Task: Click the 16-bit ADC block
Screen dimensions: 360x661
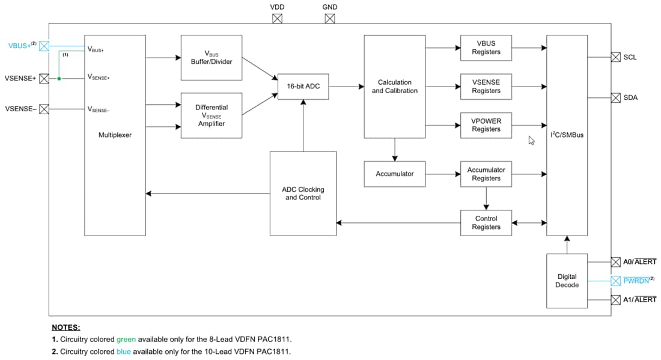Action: click(303, 87)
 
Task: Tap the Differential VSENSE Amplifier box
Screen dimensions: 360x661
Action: click(211, 115)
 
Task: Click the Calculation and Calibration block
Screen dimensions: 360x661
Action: click(394, 87)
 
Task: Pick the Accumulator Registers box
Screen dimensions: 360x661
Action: click(486, 174)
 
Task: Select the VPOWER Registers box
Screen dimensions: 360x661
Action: click(486, 125)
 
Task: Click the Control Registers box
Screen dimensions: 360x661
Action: click(486, 223)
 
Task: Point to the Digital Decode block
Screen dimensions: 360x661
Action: click(567, 281)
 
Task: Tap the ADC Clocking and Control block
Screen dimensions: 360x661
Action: click(303, 194)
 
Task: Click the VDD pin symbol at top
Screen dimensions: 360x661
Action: click(277, 19)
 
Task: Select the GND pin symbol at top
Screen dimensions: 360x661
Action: click(330, 19)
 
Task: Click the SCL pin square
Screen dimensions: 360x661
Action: click(615, 57)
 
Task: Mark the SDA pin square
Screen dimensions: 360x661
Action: click(615, 97)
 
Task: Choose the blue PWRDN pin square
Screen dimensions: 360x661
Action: click(615, 281)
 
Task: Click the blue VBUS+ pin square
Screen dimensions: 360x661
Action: click(44, 46)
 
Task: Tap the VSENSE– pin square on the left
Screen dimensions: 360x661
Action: click(44, 109)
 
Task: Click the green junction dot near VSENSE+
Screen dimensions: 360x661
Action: click(59, 78)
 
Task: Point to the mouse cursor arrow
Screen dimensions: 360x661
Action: click(531, 140)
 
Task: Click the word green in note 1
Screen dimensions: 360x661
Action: click(126, 340)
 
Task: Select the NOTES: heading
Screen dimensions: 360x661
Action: click(65, 328)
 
